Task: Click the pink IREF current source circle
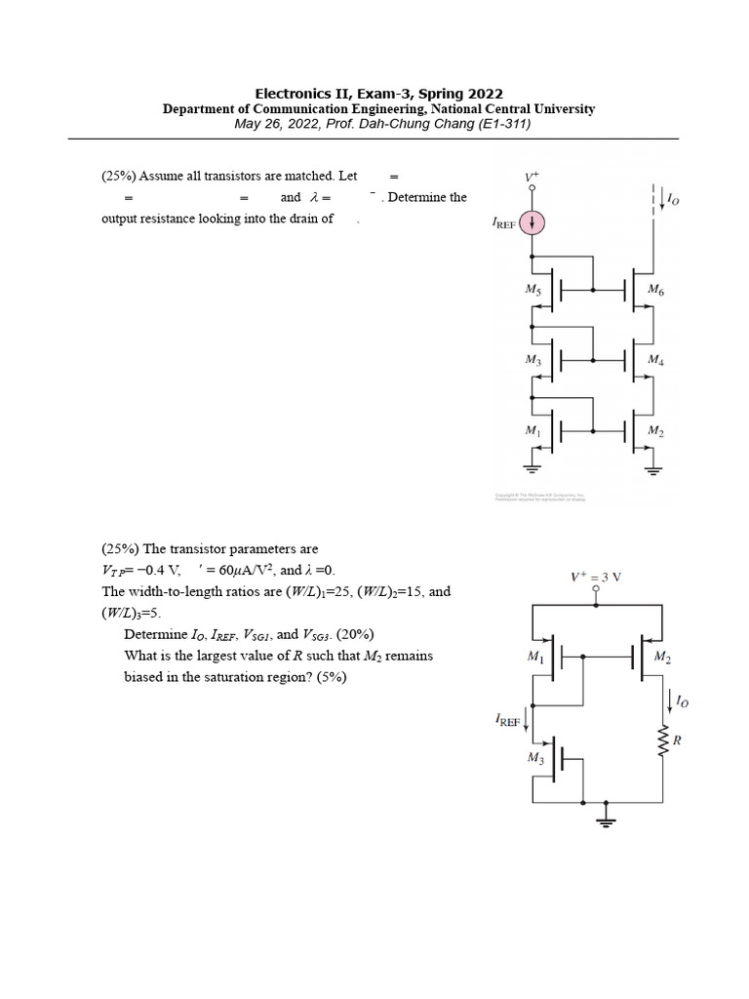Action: (x=532, y=223)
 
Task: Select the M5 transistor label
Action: (x=532, y=290)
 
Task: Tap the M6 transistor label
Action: (x=655, y=291)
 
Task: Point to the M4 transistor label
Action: (x=655, y=360)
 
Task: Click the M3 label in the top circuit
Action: (x=532, y=360)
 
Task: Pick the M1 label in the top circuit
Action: (x=532, y=430)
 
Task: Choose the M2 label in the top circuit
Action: (x=655, y=430)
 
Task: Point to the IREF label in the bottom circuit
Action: (x=508, y=720)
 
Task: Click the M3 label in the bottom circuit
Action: (x=535, y=757)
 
